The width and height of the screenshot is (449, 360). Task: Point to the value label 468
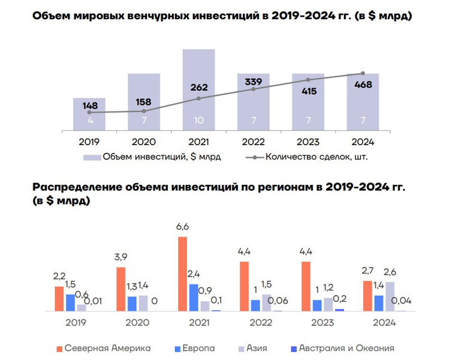click(x=363, y=85)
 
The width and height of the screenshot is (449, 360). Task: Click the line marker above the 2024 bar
click(x=363, y=73)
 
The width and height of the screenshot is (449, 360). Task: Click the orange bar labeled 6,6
click(x=182, y=274)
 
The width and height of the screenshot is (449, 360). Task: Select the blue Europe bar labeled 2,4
click(x=194, y=297)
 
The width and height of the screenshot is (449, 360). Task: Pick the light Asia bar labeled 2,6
click(x=390, y=296)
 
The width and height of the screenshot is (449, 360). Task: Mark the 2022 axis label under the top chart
click(x=253, y=142)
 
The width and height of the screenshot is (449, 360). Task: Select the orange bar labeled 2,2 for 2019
click(x=59, y=299)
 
